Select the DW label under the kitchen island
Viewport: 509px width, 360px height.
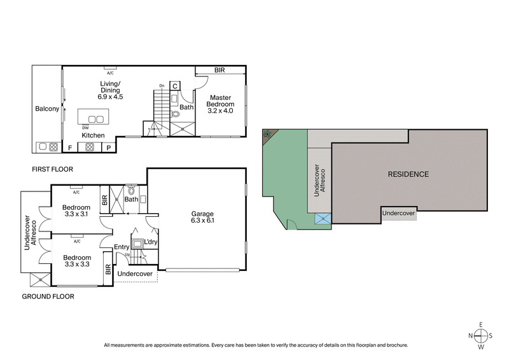tap(84, 127)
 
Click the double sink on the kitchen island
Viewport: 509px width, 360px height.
tap(95, 119)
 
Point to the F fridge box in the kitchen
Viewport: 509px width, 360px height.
tap(70, 148)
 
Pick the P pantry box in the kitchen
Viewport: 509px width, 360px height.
tap(109, 148)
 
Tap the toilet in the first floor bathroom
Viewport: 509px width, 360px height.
tap(176, 115)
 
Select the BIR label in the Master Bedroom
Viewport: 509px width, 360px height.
tap(220, 70)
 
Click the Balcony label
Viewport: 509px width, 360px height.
tap(46, 109)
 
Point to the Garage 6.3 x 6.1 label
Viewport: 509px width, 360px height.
tap(203, 218)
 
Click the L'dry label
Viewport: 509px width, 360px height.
tap(151, 242)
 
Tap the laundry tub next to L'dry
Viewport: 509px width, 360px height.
tap(137, 243)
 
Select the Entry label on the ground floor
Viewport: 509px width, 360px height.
tap(122, 247)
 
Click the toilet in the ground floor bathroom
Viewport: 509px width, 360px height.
tap(132, 190)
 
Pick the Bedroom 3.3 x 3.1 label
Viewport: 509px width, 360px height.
tap(76, 211)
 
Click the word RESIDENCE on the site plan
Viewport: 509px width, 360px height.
tap(408, 174)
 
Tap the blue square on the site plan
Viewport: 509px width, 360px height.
tap(323, 219)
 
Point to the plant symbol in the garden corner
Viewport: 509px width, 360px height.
tap(267, 134)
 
